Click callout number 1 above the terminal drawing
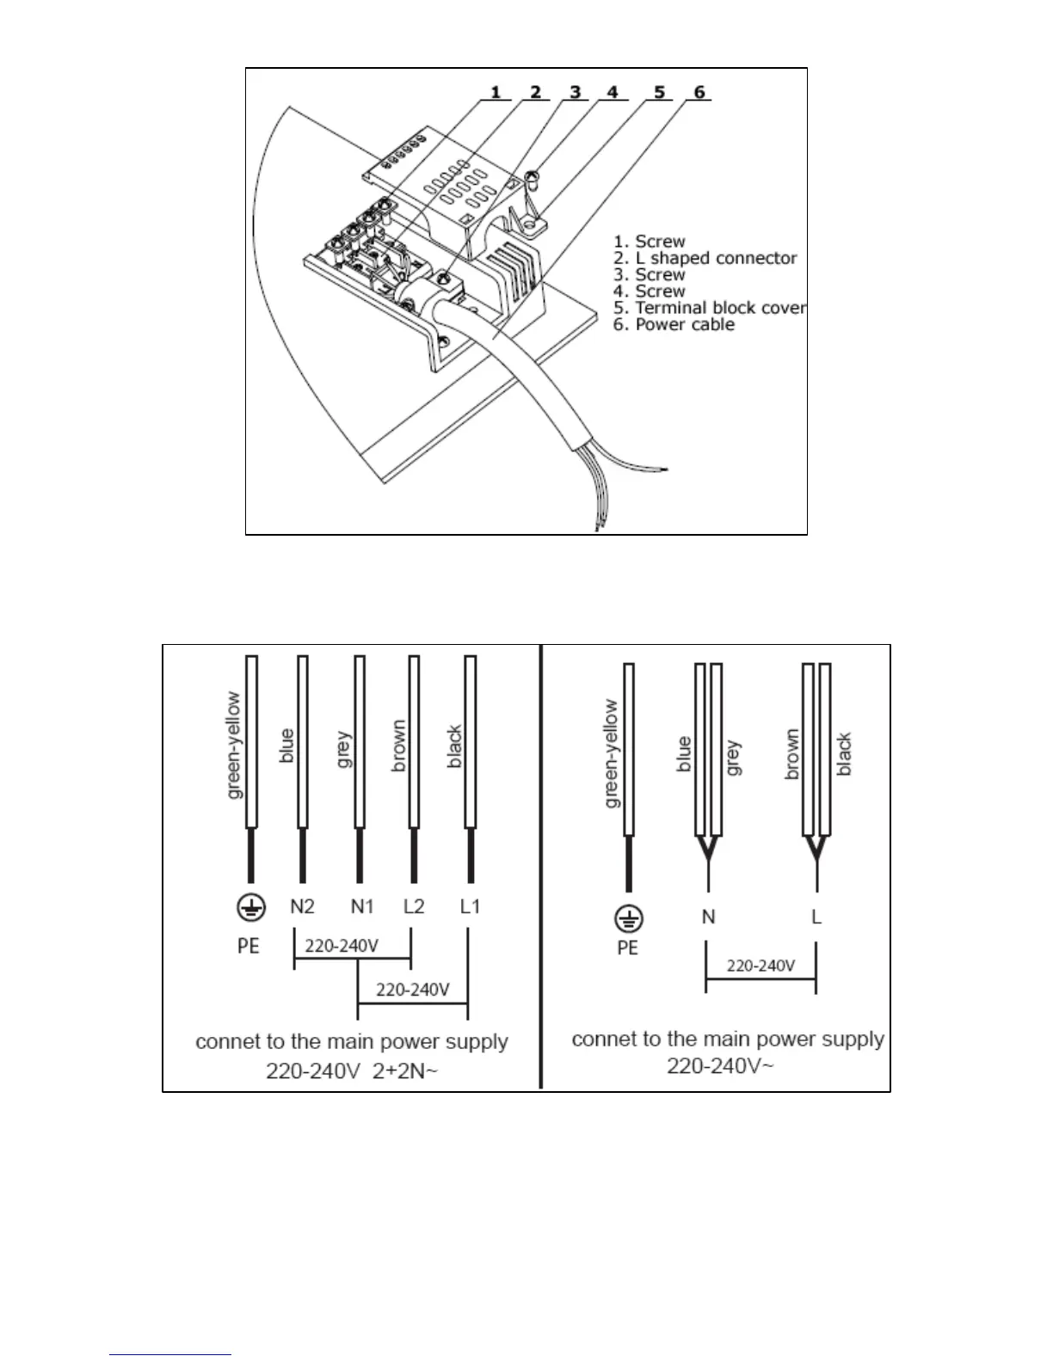pos(496,92)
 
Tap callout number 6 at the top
pos(699,92)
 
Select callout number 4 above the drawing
pos(612,92)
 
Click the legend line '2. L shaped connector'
pos(705,258)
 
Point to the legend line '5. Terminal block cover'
pos(710,308)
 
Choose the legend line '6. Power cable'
pos(674,325)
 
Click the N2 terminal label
pos(302,906)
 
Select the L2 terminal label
pos(414,906)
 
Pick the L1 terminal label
pos(470,906)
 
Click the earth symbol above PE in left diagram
pos(249,908)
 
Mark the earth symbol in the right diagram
pos(629,919)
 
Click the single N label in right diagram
pos(708,917)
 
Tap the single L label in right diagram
pos(816,917)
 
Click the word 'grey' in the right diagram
pos(734,758)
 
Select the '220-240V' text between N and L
pos(760,966)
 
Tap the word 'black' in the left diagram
pos(455,747)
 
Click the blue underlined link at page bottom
pos(171,1354)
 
